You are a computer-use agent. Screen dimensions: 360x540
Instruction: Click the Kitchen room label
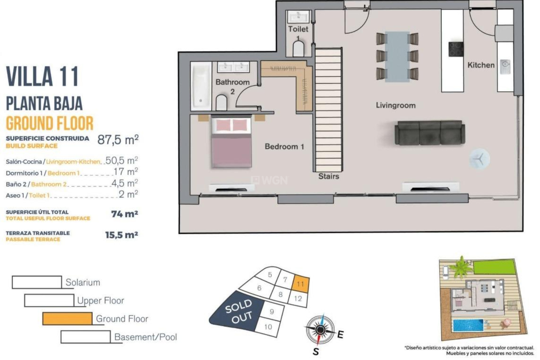click(x=481, y=65)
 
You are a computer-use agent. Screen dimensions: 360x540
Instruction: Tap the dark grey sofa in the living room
click(x=429, y=133)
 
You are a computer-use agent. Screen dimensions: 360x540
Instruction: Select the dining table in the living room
click(x=397, y=57)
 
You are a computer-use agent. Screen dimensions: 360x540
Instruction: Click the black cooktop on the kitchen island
click(x=456, y=49)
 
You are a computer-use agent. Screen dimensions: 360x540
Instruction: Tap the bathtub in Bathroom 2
click(x=201, y=86)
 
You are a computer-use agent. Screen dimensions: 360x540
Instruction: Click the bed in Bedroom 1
click(x=231, y=142)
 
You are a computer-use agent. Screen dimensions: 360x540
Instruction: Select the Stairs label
click(x=328, y=176)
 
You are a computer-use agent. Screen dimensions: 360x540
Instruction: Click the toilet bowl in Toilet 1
click(x=298, y=49)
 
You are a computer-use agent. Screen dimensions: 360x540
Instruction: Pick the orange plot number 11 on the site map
click(x=301, y=284)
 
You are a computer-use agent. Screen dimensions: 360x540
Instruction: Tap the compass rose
click(x=320, y=330)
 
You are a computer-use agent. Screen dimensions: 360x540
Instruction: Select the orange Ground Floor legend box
click(x=67, y=319)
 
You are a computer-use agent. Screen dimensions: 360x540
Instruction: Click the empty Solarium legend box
click(x=37, y=282)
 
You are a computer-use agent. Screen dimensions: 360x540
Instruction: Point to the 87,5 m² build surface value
click(x=118, y=139)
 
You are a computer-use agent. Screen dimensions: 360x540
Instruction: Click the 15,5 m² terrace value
click(x=121, y=235)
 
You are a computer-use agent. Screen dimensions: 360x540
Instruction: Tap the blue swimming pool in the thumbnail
click(x=468, y=325)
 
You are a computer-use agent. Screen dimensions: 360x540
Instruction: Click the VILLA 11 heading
click(x=42, y=76)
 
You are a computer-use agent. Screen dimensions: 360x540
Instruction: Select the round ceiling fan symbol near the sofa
click(x=479, y=159)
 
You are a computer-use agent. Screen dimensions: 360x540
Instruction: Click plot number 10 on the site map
click(x=268, y=327)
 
